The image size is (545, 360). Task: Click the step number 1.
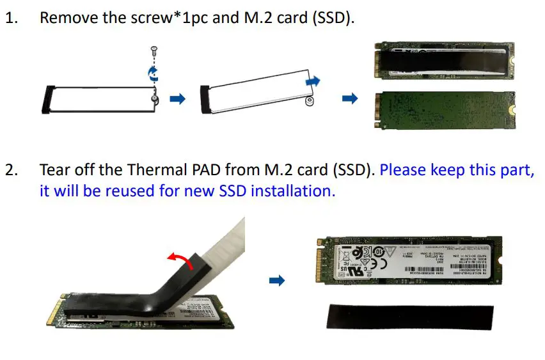[x=11, y=17]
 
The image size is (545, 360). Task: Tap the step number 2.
[x=12, y=171]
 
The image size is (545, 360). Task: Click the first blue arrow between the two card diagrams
[x=177, y=99]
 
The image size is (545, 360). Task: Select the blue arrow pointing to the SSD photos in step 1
[x=349, y=98]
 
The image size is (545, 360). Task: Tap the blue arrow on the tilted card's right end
[x=312, y=82]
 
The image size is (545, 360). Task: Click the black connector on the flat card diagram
[x=45, y=99]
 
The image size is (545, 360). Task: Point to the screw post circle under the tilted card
[x=309, y=101]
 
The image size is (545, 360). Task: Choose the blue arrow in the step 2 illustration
[x=276, y=280]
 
